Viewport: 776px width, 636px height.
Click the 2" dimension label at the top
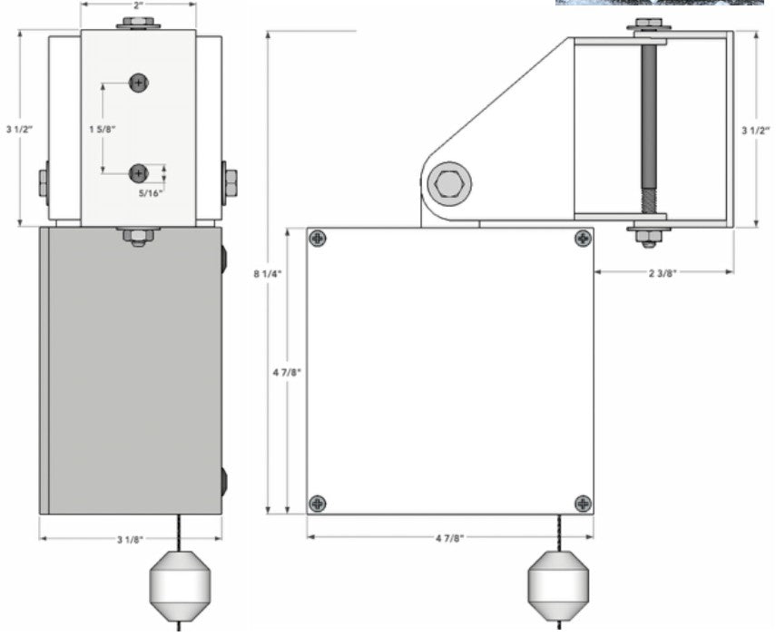pos(138,5)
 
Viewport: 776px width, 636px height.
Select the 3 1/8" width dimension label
pos(131,541)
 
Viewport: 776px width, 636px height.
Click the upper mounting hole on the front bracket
pos(139,83)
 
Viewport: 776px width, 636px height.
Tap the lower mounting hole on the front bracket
pos(139,172)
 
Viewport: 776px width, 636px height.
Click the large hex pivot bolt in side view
pos(451,186)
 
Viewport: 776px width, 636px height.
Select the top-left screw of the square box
pos(317,239)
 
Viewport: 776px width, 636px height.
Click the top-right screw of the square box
pos(582,239)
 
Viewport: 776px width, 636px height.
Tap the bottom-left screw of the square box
pos(317,503)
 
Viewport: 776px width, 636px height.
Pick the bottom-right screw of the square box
pos(582,503)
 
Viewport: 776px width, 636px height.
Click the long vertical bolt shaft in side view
pos(648,127)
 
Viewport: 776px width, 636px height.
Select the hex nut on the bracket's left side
pos(43,183)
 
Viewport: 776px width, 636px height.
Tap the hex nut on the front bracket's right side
pos(230,183)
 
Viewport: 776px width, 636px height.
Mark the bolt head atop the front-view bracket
pos(139,22)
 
